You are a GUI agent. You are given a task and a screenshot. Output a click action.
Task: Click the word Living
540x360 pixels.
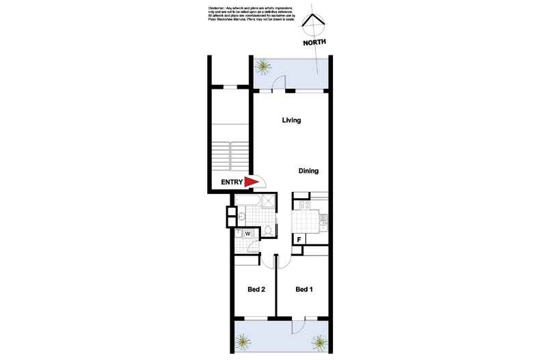pyautogui.click(x=292, y=120)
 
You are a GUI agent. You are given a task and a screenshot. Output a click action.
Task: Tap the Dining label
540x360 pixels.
pyautogui.click(x=309, y=171)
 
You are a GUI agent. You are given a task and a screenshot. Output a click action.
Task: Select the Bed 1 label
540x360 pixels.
pyautogui.click(x=304, y=290)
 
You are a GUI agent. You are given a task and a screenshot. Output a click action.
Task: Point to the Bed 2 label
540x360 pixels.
pyautogui.click(x=256, y=290)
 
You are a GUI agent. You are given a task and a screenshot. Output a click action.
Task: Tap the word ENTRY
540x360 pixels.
pyautogui.click(x=232, y=182)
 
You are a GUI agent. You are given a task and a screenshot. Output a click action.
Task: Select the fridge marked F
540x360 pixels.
pyautogui.click(x=299, y=239)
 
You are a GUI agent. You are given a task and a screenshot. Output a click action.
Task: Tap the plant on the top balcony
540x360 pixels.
pyautogui.click(x=262, y=66)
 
